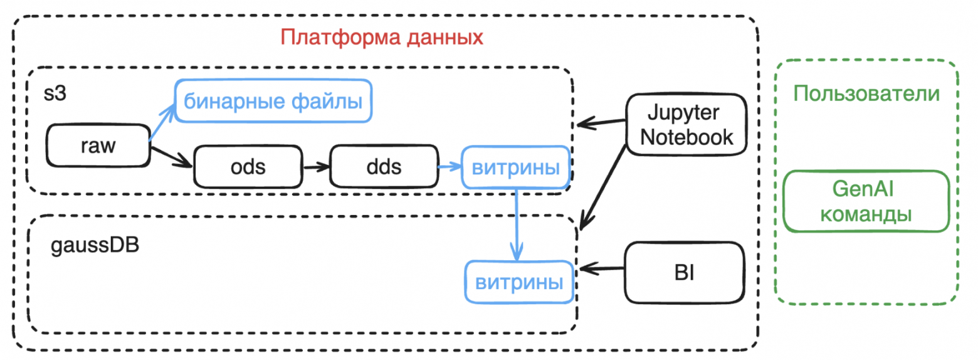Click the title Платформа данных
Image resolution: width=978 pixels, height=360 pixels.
pyautogui.click(x=382, y=37)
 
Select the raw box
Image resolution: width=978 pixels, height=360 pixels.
pyautogui.click(x=98, y=146)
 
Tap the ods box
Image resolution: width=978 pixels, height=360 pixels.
pyautogui.click(x=248, y=167)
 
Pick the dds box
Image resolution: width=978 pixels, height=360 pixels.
pyautogui.click(x=384, y=167)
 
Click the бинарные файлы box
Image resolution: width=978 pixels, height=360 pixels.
pyautogui.click(x=273, y=100)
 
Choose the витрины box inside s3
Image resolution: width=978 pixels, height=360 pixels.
pyautogui.click(x=515, y=167)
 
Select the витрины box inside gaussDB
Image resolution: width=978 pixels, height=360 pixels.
pyautogui.click(x=518, y=282)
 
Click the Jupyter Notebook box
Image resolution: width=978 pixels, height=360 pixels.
pyautogui.click(x=688, y=125)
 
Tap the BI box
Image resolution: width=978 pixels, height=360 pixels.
pyautogui.click(x=685, y=273)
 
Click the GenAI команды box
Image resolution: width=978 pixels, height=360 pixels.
pyautogui.click(x=866, y=201)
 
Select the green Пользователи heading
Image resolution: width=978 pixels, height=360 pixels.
pyautogui.click(x=866, y=93)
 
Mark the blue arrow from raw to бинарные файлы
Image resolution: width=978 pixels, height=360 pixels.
pyautogui.click(x=163, y=122)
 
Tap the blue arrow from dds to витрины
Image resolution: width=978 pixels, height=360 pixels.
pyautogui.click(x=449, y=167)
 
